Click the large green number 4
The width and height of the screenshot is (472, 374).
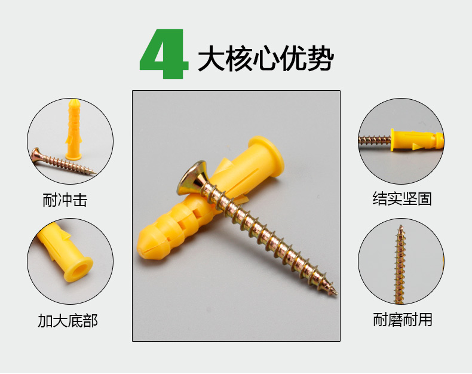pyautogui.click(x=164, y=54)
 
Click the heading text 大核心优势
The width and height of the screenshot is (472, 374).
pyautogui.click(x=266, y=58)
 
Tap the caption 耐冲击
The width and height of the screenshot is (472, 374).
pyautogui.click(x=65, y=200)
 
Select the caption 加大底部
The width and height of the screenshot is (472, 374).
pyautogui.click(x=68, y=320)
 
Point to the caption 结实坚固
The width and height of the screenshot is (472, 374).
pyautogui.click(x=402, y=199)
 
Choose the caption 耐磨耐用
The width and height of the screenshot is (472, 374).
pyautogui.click(x=403, y=320)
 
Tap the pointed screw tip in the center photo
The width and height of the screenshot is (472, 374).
pyautogui.click(x=335, y=292)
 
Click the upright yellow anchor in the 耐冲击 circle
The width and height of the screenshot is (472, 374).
pyautogui.click(x=73, y=130)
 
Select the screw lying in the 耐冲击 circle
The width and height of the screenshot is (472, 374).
pyautogui.click(x=63, y=162)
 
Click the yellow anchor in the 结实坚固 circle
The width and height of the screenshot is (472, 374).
pyautogui.click(x=417, y=140)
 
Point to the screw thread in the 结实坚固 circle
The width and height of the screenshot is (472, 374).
pyautogui.click(x=375, y=140)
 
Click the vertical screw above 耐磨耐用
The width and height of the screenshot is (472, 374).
pyautogui.click(x=400, y=264)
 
